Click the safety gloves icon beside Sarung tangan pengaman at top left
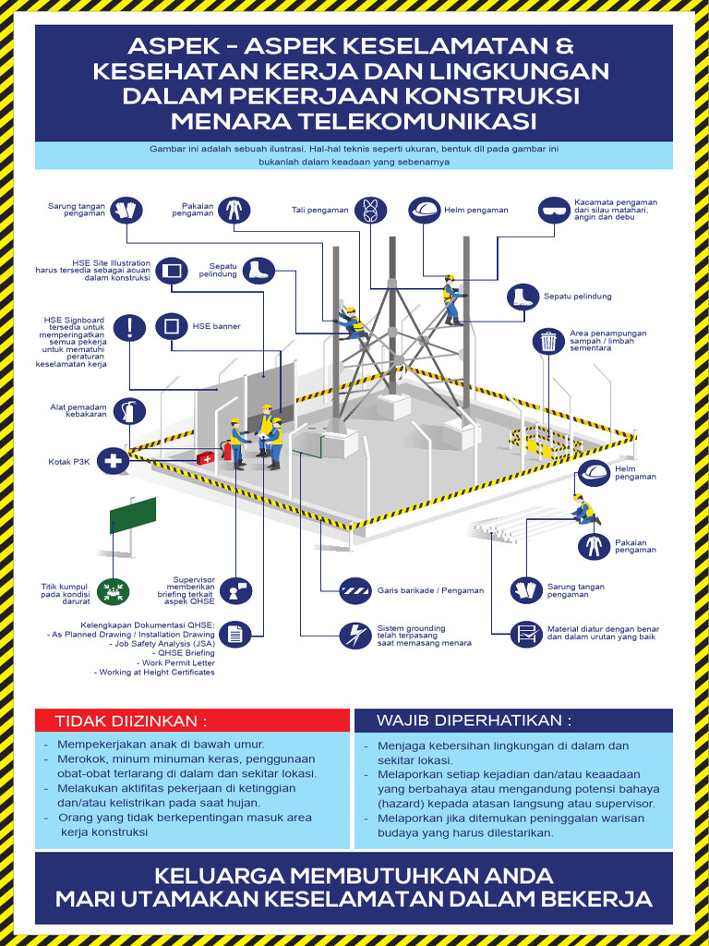click(x=125, y=210)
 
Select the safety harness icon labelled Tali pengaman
click(x=369, y=210)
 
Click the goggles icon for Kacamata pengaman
click(x=554, y=210)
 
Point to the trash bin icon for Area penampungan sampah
click(x=548, y=341)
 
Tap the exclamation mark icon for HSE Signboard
click(x=134, y=326)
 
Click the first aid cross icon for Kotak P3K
click(x=114, y=461)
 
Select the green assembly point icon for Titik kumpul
click(x=114, y=592)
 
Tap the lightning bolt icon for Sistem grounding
click(x=355, y=636)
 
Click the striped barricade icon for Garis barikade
click(x=355, y=589)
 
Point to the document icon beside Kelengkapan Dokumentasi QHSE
click(x=235, y=635)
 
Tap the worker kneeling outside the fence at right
click(x=584, y=510)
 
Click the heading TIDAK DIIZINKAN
click(x=131, y=721)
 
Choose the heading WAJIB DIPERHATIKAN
click(x=474, y=720)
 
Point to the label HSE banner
click(x=216, y=326)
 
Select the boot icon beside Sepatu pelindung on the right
click(x=523, y=297)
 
